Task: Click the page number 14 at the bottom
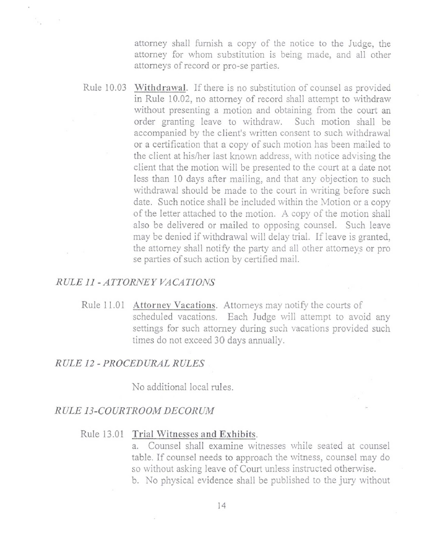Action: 221,506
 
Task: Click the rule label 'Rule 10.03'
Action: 105,88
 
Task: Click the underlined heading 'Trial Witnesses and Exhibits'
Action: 194,434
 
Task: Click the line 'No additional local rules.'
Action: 183,387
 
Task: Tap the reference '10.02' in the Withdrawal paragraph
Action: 180,99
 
